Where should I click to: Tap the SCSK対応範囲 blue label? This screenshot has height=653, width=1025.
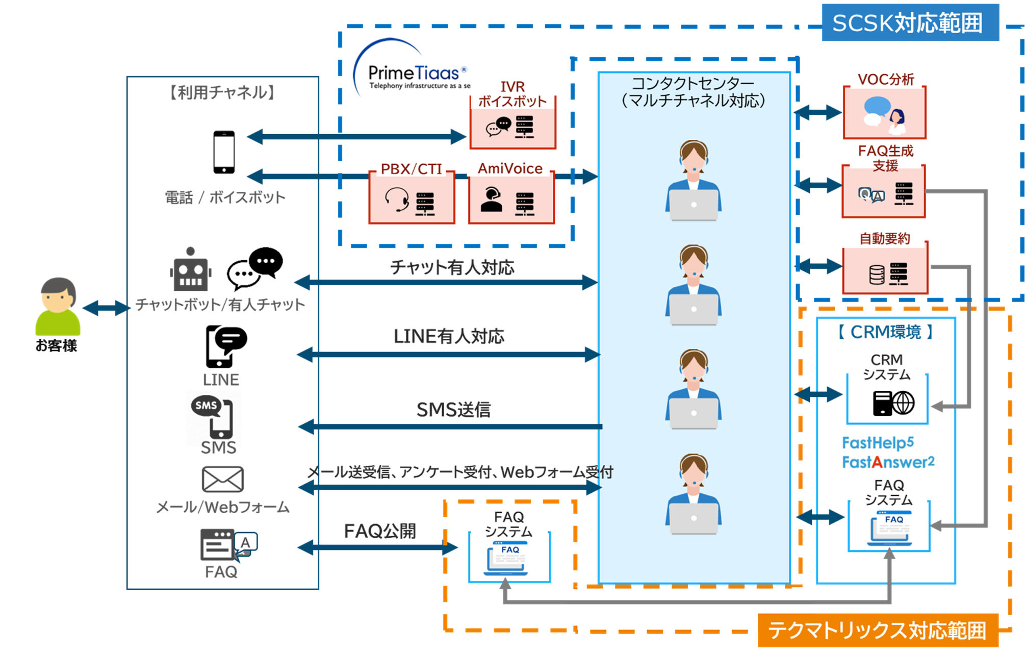(x=909, y=23)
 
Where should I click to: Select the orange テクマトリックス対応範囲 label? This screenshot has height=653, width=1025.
(x=877, y=631)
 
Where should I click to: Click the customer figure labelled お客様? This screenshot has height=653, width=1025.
(x=58, y=306)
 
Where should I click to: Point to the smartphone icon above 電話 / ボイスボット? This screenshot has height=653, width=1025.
(x=224, y=152)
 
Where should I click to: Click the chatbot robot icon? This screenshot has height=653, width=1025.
(x=190, y=270)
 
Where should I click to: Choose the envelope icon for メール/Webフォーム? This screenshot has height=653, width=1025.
(x=222, y=479)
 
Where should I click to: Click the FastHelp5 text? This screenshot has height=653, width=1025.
(x=878, y=443)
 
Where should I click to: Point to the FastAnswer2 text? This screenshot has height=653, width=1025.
(x=888, y=462)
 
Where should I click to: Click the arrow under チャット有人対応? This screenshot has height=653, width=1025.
(x=446, y=282)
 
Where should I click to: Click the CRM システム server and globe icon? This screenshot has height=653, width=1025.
(x=893, y=403)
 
